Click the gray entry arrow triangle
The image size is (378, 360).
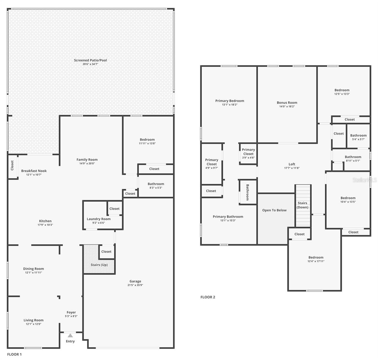[x=70, y=335]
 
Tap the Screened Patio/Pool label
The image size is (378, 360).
[x=90, y=60]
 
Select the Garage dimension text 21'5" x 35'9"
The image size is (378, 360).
[x=135, y=285]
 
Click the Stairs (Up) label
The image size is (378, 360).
[x=99, y=265]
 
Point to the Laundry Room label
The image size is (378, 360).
[x=99, y=219]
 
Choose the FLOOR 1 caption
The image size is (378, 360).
[x=14, y=354]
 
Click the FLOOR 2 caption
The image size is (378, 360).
[x=208, y=297]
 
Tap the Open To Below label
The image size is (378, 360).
[x=274, y=210]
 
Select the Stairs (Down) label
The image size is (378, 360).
[x=302, y=205]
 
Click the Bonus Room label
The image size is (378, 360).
[x=287, y=103]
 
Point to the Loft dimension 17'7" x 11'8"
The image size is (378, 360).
[x=292, y=168]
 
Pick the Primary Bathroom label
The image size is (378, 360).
[x=228, y=217]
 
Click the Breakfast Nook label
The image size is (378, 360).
[x=34, y=171]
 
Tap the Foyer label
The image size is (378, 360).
[x=71, y=312]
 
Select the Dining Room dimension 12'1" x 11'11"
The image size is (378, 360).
[x=34, y=272]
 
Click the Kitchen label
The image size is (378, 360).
[x=45, y=221]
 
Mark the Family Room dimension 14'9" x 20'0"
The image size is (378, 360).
[x=87, y=163]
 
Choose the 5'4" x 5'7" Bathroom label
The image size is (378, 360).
[x=358, y=135]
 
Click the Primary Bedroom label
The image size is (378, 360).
[x=229, y=101]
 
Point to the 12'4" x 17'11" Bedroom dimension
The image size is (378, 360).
[x=316, y=261]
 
